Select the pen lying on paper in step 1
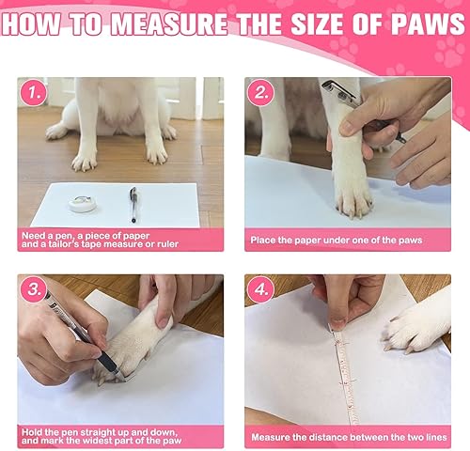pyautogui.click(x=133, y=203)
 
